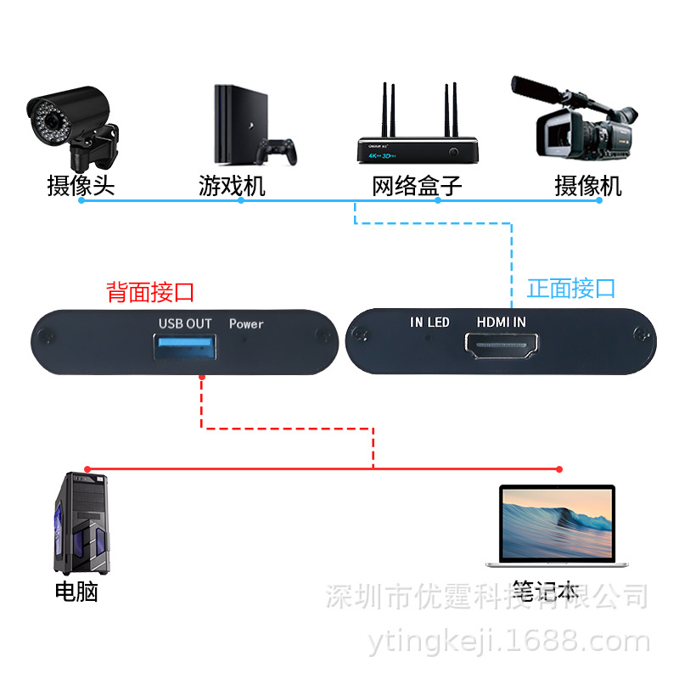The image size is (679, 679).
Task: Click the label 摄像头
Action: pyautogui.click(x=81, y=185)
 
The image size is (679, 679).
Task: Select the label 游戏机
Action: pyautogui.click(x=232, y=185)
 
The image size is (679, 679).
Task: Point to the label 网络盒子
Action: pyautogui.click(x=418, y=185)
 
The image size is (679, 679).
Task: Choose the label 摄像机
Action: pyautogui.click(x=588, y=185)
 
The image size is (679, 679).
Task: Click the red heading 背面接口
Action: pyautogui.click(x=150, y=293)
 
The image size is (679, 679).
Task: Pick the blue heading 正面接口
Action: pyautogui.click(x=571, y=289)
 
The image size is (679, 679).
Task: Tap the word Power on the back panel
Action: pyautogui.click(x=246, y=323)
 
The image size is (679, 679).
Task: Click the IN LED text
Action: pyautogui.click(x=429, y=323)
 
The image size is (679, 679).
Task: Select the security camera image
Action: pyautogui.click(x=72, y=127)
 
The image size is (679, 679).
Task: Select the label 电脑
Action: pyautogui.click(x=76, y=592)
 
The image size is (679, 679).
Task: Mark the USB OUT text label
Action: pyautogui.click(x=184, y=323)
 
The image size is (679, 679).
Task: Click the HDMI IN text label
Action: pyautogui.click(x=502, y=323)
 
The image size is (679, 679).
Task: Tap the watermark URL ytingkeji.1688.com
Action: pyautogui.click(x=509, y=643)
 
